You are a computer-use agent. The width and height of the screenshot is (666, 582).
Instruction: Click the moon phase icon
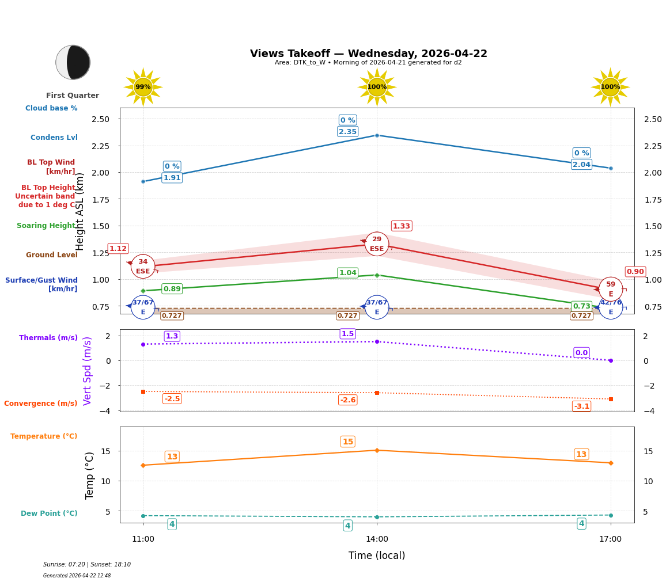[73, 62]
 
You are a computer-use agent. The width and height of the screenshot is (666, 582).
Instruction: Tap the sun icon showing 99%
[143, 87]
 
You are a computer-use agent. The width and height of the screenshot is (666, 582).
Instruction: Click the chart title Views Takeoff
[368, 54]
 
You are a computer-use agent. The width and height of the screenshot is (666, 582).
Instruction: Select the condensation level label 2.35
[347, 132]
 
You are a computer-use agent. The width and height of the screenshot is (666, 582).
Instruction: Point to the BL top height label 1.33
[402, 226]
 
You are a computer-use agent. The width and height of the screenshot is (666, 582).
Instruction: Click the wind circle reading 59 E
[611, 289]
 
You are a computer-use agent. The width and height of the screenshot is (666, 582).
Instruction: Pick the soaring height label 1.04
[347, 273]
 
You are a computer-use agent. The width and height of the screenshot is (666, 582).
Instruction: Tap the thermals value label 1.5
[347, 334]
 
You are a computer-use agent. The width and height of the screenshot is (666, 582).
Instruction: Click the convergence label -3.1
[581, 406]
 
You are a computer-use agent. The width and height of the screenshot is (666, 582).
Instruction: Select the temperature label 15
[348, 442]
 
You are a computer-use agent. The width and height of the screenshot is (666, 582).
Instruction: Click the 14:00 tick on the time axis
[377, 539]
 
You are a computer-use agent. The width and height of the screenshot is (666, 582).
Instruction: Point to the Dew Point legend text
[49, 513]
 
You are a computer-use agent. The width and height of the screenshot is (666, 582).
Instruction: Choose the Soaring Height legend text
[46, 226]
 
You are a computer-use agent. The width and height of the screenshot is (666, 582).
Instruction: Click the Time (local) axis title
[377, 556]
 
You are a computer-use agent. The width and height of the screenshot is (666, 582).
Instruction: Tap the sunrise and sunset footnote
[87, 565]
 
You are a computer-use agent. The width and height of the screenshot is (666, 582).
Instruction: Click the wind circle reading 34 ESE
[143, 267]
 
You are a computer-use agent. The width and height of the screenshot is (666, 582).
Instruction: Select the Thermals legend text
[48, 338]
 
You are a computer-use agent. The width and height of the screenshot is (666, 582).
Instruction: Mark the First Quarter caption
[73, 96]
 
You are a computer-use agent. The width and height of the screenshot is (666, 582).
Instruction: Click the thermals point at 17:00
[611, 360]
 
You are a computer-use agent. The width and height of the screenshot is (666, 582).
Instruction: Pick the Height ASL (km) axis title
[80, 211]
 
